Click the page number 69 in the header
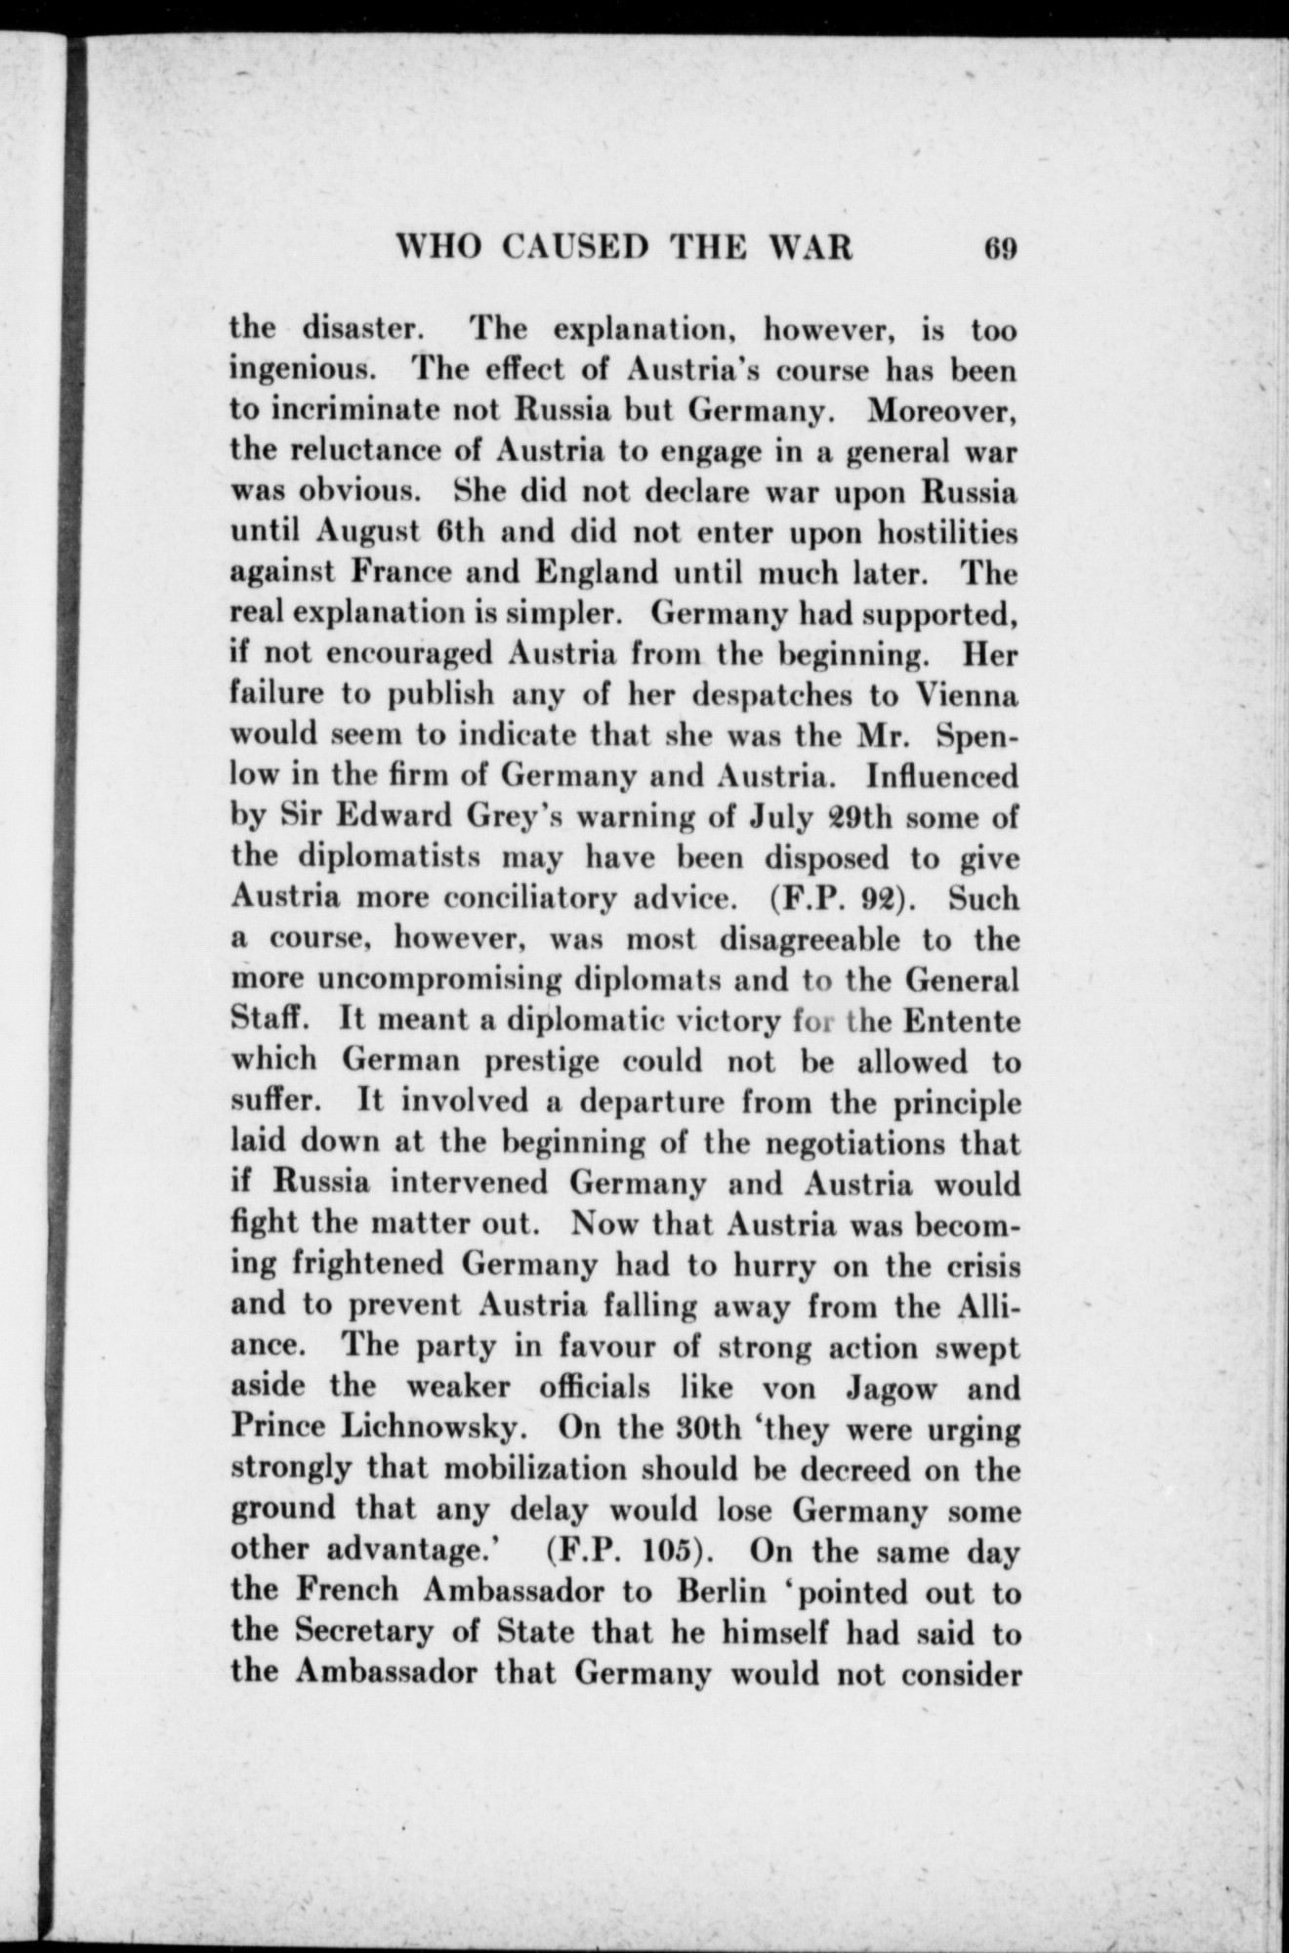[x=1001, y=248]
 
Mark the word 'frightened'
[x=369, y=1266]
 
